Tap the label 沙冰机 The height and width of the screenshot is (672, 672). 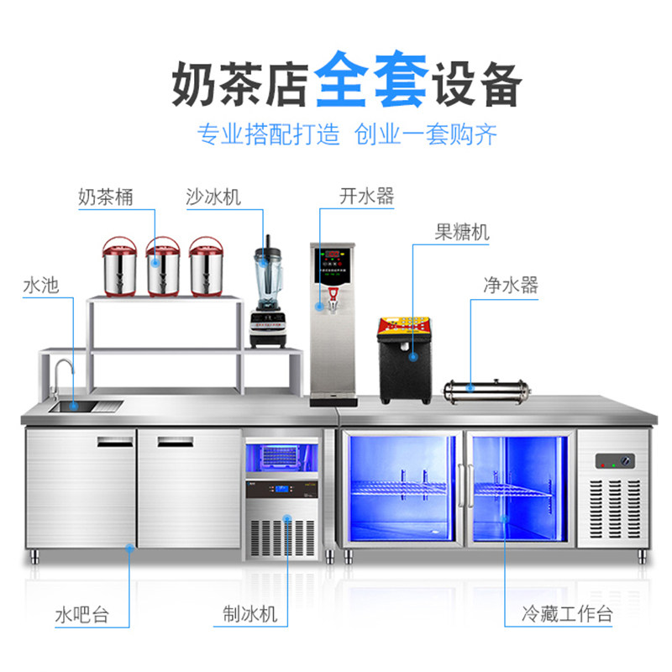tap(213, 197)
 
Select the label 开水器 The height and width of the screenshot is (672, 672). tap(366, 197)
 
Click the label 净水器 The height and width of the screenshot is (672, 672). tap(510, 285)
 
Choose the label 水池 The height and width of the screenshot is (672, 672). tap(40, 285)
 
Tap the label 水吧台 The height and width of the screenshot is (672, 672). tap(81, 615)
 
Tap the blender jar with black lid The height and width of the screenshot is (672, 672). tap(267, 269)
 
